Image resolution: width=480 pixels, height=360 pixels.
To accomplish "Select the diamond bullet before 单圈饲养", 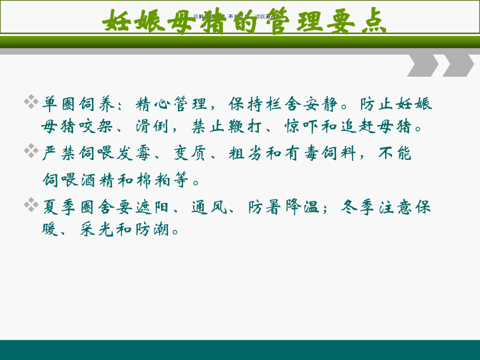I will click(x=31, y=101).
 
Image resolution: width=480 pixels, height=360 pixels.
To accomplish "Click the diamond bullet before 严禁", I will click(x=31, y=151).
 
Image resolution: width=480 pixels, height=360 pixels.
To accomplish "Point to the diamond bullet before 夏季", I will click(x=31, y=205).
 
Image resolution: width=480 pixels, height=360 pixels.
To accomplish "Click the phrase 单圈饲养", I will click(x=79, y=104).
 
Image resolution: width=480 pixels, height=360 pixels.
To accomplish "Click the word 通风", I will click(x=209, y=207).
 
